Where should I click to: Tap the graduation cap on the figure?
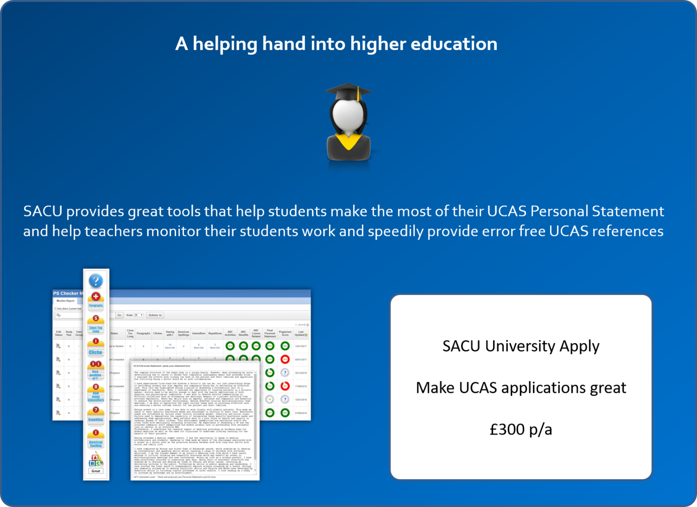coord(348,91)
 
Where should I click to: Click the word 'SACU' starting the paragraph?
coord(43,211)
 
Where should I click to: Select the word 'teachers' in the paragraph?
coord(113,231)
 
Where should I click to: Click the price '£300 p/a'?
coord(521,429)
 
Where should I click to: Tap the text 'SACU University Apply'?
coord(521,346)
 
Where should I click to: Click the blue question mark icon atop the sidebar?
coord(96,280)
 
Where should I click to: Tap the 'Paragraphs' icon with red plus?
coord(96,300)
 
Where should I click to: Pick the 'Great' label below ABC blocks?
coord(96,471)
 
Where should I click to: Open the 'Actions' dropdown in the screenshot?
coord(155,315)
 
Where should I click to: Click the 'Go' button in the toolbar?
coord(119,315)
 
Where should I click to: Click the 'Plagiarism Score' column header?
coord(285,333)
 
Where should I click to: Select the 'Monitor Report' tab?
coord(66,301)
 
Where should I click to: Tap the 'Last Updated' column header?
coord(301,333)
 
